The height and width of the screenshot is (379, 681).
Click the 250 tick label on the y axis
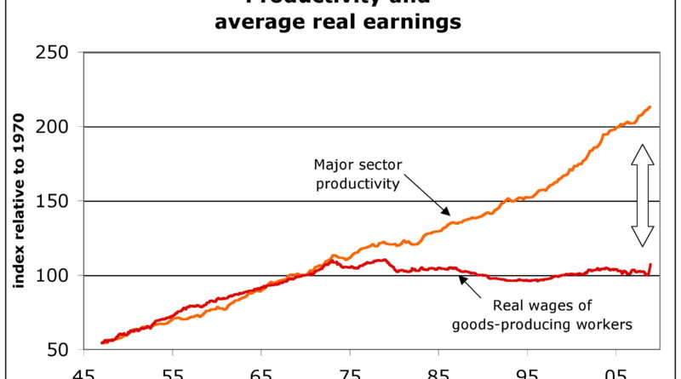tap(54, 53)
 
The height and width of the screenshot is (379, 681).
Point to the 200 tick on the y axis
tap(54, 127)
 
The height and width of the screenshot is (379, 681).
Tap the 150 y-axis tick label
tap(54, 201)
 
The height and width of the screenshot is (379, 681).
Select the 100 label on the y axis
tap(54, 276)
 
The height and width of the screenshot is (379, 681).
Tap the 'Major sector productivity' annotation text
tap(357, 175)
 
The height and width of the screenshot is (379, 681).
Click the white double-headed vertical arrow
tap(643, 195)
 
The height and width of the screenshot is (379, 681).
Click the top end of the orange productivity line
tap(650, 106)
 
